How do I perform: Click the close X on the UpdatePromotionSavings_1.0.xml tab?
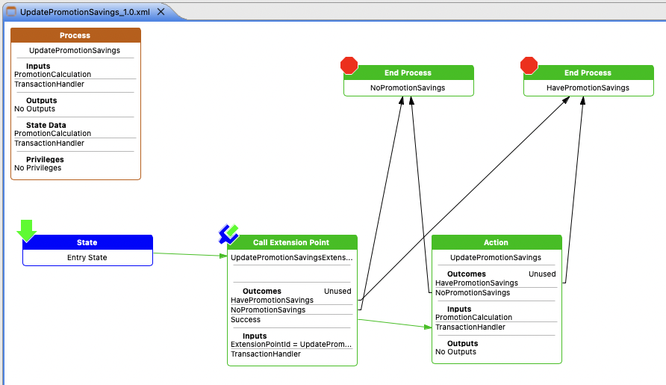point(161,13)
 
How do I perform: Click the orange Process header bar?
point(75,35)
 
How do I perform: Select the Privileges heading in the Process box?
point(45,159)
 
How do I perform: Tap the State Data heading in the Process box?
point(46,125)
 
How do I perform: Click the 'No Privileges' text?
point(38,168)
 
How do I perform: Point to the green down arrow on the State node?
point(27,230)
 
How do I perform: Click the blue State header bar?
point(87,242)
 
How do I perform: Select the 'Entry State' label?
point(87,258)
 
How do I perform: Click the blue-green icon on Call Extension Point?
point(228,234)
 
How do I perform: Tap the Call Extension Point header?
point(291,242)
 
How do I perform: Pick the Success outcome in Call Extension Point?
point(246,320)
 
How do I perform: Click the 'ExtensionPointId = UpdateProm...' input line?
point(291,344)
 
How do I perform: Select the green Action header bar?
point(496,242)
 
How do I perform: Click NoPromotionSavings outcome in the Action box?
point(473,293)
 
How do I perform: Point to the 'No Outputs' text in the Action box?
point(455,352)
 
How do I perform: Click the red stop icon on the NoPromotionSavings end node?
point(349,66)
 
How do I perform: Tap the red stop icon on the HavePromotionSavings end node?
point(529,66)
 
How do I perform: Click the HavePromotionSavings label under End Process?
point(588,88)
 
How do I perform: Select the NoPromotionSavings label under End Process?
point(408,88)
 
